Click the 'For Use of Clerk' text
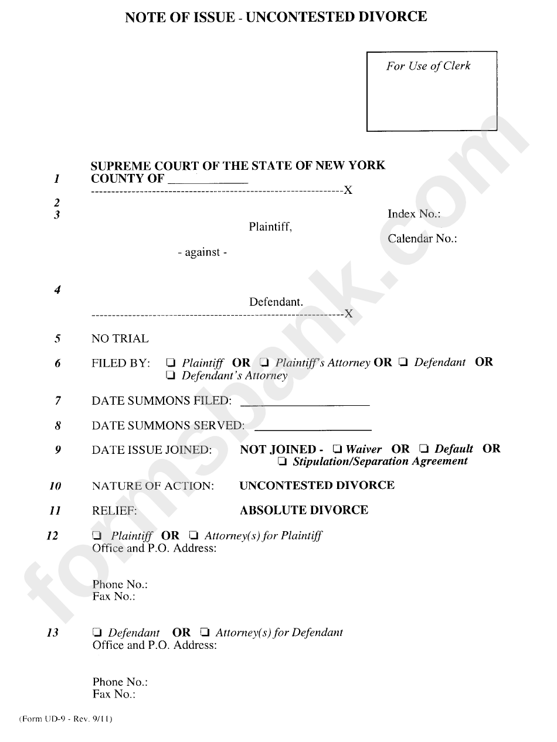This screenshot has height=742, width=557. click(x=428, y=66)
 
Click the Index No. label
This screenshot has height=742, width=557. click(x=414, y=214)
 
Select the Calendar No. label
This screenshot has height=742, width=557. click(x=422, y=239)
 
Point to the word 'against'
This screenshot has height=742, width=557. click(x=202, y=253)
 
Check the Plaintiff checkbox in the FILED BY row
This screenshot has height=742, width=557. click(x=171, y=363)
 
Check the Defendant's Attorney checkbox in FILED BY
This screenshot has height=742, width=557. click(x=171, y=375)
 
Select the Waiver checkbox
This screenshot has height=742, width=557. click(x=337, y=450)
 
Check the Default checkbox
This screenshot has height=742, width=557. click(x=424, y=450)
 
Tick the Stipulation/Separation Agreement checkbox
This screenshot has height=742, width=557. click(x=283, y=462)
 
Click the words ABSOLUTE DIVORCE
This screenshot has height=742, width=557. click(x=304, y=510)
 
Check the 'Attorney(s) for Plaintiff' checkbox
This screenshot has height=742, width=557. click(x=193, y=536)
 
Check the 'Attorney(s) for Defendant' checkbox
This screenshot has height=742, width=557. click(x=205, y=632)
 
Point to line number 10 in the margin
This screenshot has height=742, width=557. click(x=55, y=486)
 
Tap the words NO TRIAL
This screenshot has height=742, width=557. click(x=120, y=339)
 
